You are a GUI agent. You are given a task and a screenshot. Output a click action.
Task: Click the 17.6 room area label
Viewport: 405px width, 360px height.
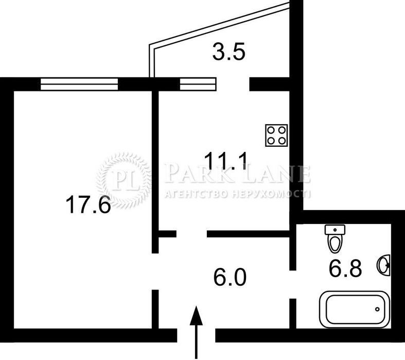click(x=89, y=204)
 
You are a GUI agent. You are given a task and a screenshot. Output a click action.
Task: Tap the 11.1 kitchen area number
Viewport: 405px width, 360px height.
click(x=226, y=161)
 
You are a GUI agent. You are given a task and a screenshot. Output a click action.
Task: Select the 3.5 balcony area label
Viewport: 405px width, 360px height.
click(x=228, y=52)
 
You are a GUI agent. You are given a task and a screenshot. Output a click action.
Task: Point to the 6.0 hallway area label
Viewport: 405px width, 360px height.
click(x=230, y=277)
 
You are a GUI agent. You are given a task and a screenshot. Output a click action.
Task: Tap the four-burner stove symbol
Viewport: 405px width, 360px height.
click(x=276, y=135)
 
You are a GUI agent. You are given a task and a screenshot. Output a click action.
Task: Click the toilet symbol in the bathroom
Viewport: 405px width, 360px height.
click(x=335, y=239)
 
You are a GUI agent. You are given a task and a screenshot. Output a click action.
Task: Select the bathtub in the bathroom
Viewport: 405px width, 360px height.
click(x=355, y=310)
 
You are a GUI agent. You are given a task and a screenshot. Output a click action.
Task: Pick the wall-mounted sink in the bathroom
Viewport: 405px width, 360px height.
click(x=385, y=265)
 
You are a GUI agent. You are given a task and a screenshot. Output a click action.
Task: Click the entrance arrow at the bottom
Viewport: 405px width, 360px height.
click(x=196, y=333)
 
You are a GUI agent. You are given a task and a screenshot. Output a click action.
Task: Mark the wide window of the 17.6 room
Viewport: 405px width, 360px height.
click(x=79, y=84)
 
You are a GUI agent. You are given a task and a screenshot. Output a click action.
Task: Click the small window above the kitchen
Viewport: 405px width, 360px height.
click(x=198, y=84)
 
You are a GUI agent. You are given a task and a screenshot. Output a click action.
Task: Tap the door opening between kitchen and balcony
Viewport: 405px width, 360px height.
click(x=233, y=84)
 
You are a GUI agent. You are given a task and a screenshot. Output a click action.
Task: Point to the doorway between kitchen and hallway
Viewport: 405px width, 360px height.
click(x=191, y=234)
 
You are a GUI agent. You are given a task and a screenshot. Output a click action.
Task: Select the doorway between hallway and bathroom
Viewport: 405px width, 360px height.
click(x=293, y=284)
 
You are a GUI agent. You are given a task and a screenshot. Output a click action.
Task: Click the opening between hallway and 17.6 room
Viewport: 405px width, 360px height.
click(x=155, y=271)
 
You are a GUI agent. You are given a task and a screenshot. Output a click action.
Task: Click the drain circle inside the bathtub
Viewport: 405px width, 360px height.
click(x=377, y=309)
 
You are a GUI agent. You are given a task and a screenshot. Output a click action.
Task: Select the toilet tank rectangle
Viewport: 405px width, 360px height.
click(x=335, y=230)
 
